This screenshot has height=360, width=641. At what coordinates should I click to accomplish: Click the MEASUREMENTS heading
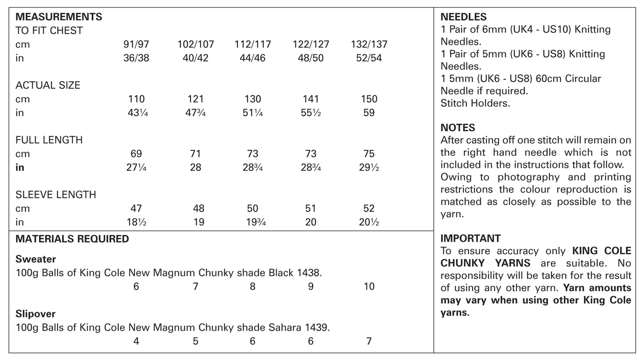click(x=59, y=17)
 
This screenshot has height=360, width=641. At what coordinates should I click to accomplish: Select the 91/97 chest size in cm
click(x=136, y=44)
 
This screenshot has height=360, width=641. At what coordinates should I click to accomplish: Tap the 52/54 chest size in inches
click(x=369, y=58)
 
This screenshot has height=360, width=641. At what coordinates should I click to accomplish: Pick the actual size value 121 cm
click(x=195, y=99)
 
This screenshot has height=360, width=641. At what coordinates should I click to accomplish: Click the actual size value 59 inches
click(x=369, y=113)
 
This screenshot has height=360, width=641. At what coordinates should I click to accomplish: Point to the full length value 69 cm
click(x=136, y=154)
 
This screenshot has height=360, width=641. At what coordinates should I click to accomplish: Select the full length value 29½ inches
click(x=369, y=168)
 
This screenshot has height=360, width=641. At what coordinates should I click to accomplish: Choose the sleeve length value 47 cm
click(x=136, y=208)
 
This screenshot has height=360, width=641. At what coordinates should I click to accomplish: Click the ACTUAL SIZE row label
click(x=48, y=86)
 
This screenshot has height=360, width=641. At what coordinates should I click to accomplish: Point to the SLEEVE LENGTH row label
click(x=55, y=195)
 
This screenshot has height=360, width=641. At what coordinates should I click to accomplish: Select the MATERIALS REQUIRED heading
click(x=72, y=239)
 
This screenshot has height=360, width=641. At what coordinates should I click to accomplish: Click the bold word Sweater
click(x=35, y=259)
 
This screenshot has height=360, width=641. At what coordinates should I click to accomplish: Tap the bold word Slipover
click(x=35, y=314)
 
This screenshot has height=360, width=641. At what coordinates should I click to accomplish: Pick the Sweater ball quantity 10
click(x=369, y=286)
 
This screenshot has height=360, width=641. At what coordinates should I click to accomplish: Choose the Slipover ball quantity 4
click(x=136, y=341)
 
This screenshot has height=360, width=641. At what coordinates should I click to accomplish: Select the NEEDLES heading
click(x=463, y=17)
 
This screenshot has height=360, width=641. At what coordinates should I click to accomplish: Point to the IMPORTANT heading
click(x=470, y=238)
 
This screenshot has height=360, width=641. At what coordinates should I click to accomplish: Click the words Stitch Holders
click(x=475, y=103)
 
